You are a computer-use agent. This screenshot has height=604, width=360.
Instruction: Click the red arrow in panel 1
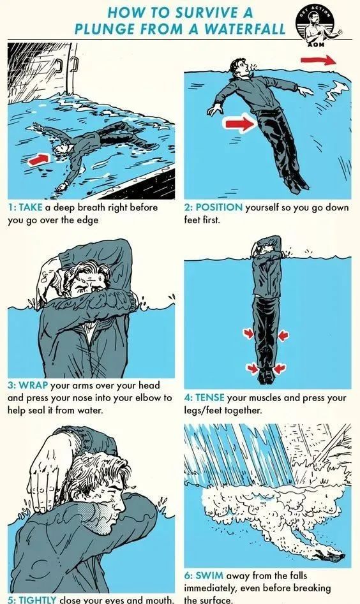click(x=39, y=158)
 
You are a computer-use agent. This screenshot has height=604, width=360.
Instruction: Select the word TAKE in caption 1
click(x=31, y=207)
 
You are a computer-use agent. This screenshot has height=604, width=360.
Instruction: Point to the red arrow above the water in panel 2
click(x=318, y=60)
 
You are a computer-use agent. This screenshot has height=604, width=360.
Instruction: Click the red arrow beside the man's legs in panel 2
click(x=240, y=123)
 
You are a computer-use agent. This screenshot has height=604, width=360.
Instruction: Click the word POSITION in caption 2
click(x=220, y=207)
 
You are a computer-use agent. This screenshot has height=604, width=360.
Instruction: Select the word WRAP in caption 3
click(x=34, y=385)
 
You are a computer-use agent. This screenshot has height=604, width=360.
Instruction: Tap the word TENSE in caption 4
click(x=209, y=397)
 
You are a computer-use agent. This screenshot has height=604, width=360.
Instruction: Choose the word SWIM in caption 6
click(x=209, y=575)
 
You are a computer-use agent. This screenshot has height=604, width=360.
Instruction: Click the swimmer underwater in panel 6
click(x=329, y=556)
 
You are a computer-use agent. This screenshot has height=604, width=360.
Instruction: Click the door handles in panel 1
click(x=66, y=64)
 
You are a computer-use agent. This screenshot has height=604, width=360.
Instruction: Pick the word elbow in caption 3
click(x=150, y=397)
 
